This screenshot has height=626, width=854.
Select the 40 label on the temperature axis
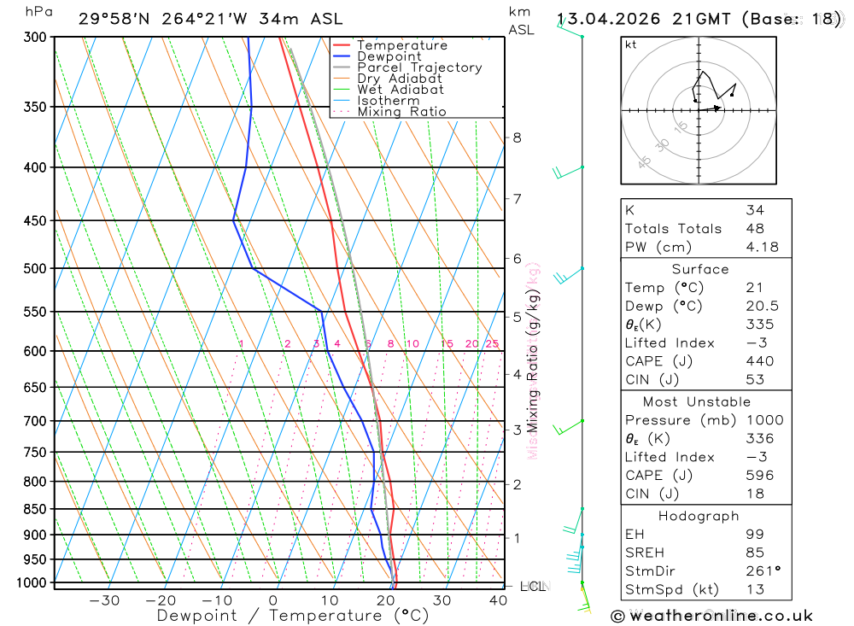coord(498,600)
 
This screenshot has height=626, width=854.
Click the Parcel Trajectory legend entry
coord(419,67)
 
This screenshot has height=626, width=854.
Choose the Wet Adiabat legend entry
coord(401,90)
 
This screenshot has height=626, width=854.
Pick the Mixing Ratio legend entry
coord(401,112)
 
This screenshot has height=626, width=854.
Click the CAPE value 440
coord(759,361)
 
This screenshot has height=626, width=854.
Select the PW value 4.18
coord(761,248)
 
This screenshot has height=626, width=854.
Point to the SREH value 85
coord(755,553)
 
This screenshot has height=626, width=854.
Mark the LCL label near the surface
coord(534,587)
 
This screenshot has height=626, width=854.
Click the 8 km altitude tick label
coord(517,137)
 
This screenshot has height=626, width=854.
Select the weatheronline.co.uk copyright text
coord(711,616)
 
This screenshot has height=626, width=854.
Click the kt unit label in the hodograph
coord(631,44)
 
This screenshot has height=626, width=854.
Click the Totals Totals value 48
coord(755,229)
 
